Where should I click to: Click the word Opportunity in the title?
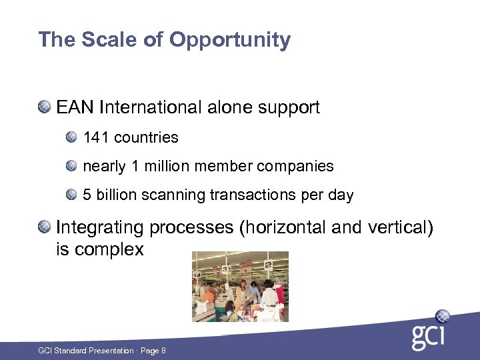click(x=230, y=40)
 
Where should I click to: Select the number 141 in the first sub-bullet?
click(x=96, y=138)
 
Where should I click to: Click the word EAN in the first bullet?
click(x=75, y=107)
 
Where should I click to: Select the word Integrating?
click(x=100, y=228)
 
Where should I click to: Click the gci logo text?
click(x=427, y=337)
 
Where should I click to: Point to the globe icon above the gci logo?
click(x=443, y=316)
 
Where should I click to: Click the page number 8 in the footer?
click(x=163, y=351)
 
